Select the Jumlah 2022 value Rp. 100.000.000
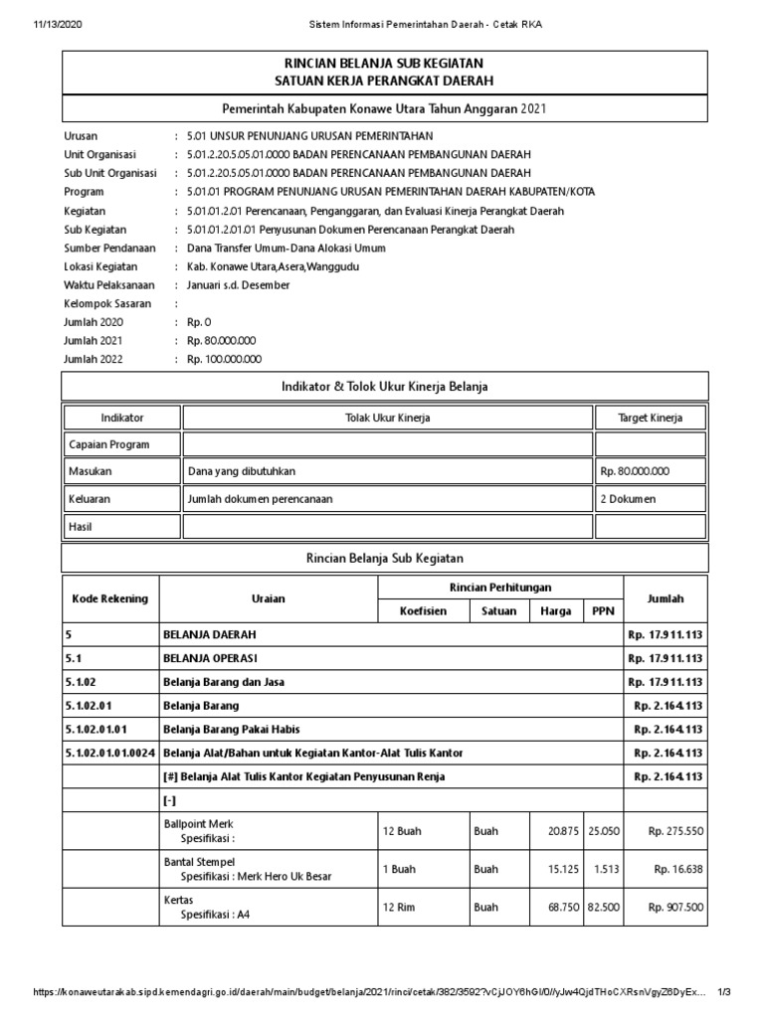224,360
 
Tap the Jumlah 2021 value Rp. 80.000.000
221,341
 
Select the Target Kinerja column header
651,418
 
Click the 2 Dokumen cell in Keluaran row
628,499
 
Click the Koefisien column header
424,611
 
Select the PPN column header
603,611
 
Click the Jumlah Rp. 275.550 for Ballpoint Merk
675,830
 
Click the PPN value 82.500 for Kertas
604,907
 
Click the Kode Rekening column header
109,598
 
